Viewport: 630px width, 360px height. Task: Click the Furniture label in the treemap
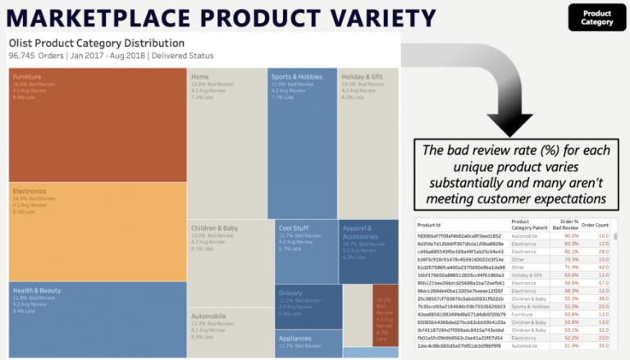click(27, 77)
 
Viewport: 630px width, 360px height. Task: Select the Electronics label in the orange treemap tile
click(30, 190)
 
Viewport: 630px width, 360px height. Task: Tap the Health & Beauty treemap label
click(38, 291)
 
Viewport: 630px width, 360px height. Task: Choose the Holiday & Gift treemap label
click(363, 77)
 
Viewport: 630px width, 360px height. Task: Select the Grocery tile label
click(290, 293)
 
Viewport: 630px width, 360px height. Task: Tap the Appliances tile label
click(295, 338)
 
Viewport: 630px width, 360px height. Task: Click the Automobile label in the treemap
click(209, 315)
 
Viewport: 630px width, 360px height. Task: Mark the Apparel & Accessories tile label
click(360, 232)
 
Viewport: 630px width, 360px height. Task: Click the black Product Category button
click(596, 18)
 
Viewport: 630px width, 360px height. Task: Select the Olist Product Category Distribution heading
click(97, 43)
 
